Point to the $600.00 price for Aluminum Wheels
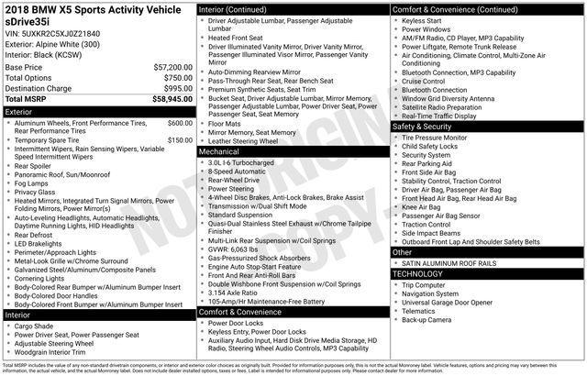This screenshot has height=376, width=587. coord(179,122)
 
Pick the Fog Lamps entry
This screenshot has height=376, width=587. coord(34,182)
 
